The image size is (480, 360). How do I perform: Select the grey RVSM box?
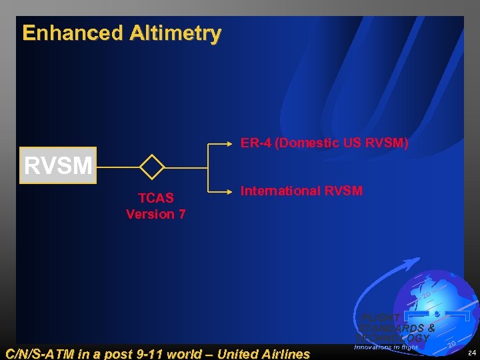coord(58,165)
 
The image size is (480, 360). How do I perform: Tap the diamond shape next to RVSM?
coord(152,167)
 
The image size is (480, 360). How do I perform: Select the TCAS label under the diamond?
coord(155,197)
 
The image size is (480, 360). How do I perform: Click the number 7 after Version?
coord(181,215)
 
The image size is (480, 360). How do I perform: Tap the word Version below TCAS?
coord(150,215)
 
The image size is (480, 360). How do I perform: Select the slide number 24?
coord(472,352)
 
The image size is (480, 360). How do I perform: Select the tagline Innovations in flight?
coord(386,347)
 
